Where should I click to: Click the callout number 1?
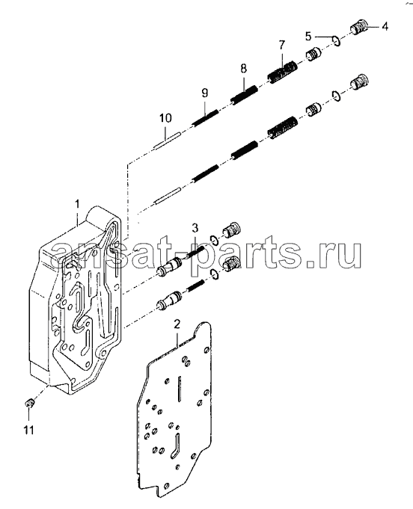pos(77,204)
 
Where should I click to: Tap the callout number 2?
pos(177,324)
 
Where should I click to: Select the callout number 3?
pos(195,228)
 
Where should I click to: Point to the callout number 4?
pos(385,26)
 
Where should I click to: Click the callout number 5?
pos(308,36)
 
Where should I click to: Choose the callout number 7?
pos(281,45)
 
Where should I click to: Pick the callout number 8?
pos(243,69)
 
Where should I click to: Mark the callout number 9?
pos(204,93)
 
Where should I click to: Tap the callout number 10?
pos(165,118)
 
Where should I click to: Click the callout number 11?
pos(28,431)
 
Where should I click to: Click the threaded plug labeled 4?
pos(359,27)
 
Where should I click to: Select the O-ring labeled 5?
pos(337,41)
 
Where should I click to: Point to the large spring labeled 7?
pos(282,73)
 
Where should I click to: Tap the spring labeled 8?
pos(244,95)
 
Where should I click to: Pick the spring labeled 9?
pos(205,118)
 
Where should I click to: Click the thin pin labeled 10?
pos(166,141)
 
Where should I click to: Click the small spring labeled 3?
pos(194,253)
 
